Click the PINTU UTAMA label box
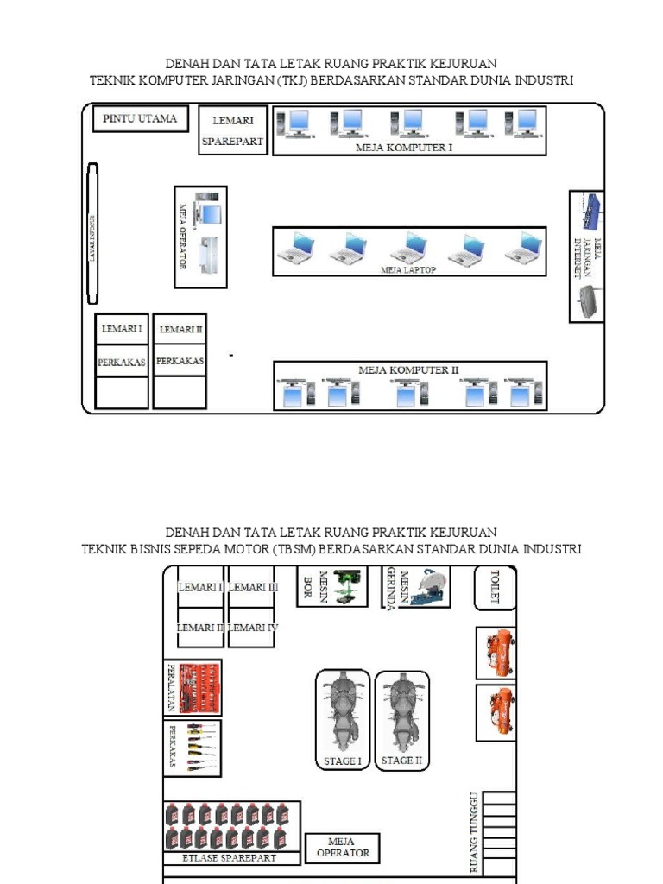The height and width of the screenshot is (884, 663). click(x=140, y=119)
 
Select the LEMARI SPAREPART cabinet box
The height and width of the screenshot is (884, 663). click(x=232, y=130)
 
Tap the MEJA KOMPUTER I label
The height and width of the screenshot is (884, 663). click(x=404, y=148)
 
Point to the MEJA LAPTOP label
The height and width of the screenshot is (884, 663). click(x=408, y=269)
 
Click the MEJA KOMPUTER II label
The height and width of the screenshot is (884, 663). click(x=408, y=370)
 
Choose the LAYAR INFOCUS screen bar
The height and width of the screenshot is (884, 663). click(x=92, y=234)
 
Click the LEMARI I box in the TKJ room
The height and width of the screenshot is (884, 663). click(x=122, y=329)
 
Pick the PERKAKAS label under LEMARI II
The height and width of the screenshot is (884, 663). click(x=180, y=362)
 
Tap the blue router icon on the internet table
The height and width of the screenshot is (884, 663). click(x=592, y=209)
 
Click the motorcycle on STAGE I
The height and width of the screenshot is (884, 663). click(x=342, y=714)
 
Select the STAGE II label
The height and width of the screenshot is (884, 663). click(x=401, y=761)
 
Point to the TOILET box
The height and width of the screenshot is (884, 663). click(x=495, y=588)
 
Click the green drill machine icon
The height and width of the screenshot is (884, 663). click(x=349, y=586)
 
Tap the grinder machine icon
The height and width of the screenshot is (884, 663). click(x=428, y=586)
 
